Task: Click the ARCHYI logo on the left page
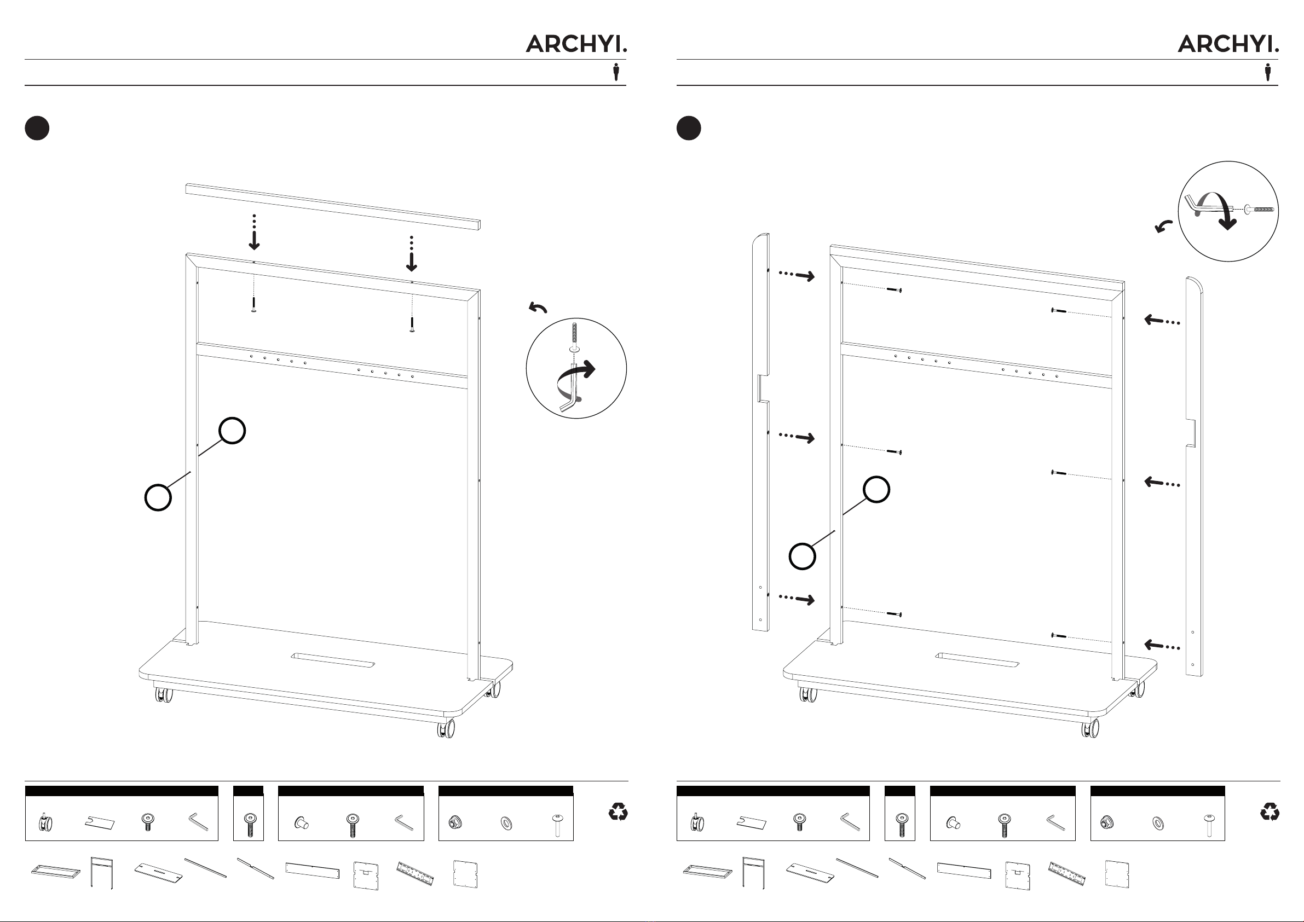[x=576, y=44]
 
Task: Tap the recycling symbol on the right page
[x=1270, y=812]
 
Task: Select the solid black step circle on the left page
[x=37, y=127]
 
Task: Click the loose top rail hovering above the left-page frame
[x=333, y=206]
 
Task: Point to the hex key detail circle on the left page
[x=576, y=368]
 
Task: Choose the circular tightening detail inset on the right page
[x=1228, y=211]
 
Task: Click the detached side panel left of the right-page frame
[x=760, y=432]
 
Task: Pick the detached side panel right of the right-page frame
[x=1194, y=477]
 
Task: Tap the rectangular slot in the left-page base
[x=333, y=660]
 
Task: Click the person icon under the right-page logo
[x=1268, y=72]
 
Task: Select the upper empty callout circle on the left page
[x=232, y=430]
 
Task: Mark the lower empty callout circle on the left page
[x=158, y=497]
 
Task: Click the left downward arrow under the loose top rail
[x=255, y=233]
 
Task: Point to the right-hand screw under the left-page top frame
[x=412, y=324]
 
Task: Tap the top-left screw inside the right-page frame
[x=894, y=290]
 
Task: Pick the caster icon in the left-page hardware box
[x=45, y=822]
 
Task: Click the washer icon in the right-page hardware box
[x=1157, y=822]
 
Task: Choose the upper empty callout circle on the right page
[x=876, y=489]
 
